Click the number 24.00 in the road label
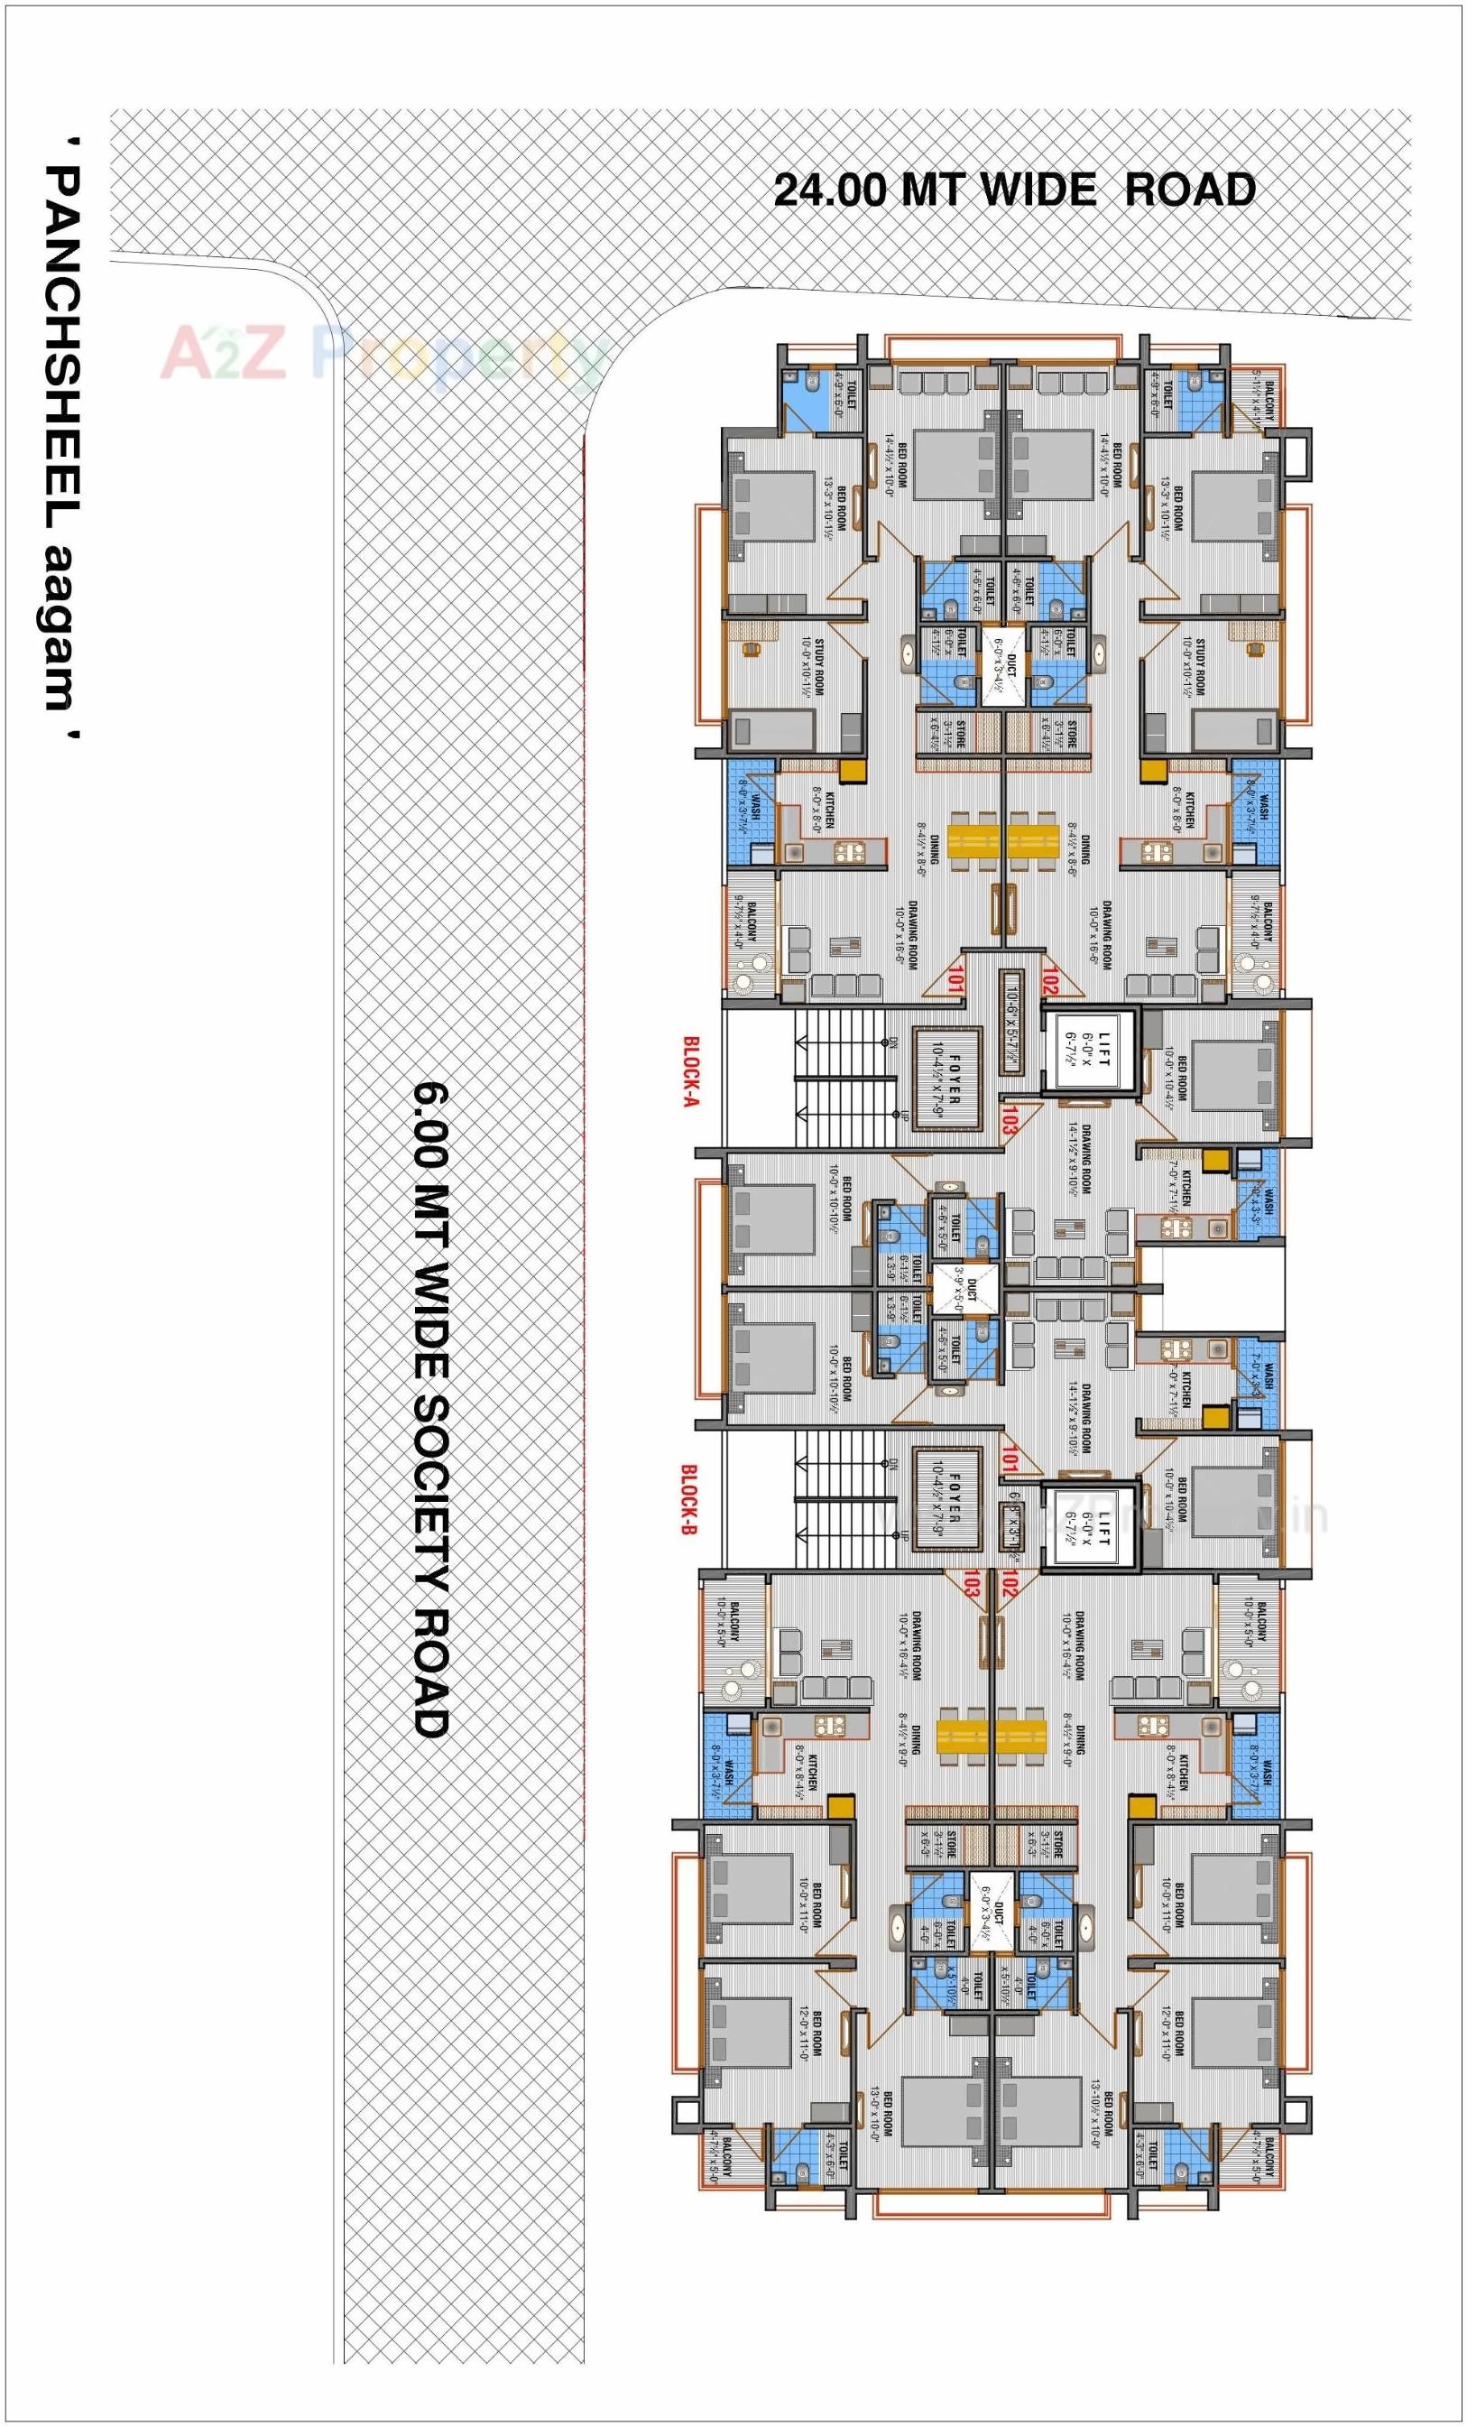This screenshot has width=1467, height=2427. (x=832, y=190)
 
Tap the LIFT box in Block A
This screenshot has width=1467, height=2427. (x=1090, y=1053)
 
